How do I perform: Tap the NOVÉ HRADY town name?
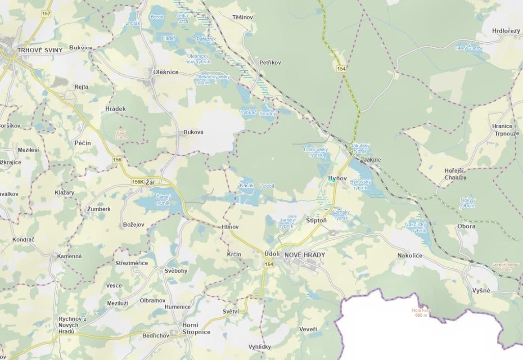305,254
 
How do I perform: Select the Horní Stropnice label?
196,328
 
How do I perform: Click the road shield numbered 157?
46,13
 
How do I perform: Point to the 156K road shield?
138,182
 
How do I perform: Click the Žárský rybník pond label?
162,200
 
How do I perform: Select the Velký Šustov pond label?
469,48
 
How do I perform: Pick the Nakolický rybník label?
415,227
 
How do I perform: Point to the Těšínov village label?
243,17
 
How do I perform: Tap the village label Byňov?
338,179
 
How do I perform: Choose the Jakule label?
373,160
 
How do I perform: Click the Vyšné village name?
481,290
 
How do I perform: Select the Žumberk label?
99,209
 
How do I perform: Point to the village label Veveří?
308,329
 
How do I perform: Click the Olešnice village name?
166,72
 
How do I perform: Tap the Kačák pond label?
247,185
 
